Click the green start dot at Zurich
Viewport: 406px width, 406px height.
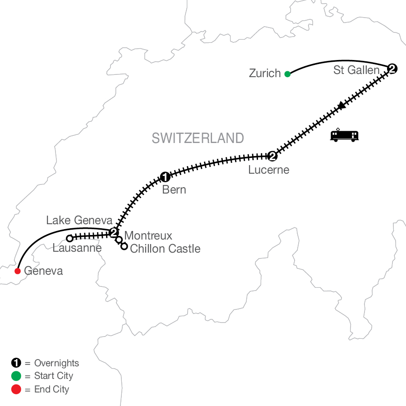[287, 74]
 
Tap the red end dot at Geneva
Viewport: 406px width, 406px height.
[18, 271]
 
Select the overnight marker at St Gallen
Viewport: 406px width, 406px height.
[392, 69]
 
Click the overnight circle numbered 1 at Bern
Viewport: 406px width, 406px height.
[165, 176]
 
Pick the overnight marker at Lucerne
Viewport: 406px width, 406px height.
[272, 156]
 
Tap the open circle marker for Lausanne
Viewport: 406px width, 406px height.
[69, 238]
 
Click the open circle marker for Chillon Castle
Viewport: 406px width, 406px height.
[124, 246]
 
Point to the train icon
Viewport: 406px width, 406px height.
[345, 135]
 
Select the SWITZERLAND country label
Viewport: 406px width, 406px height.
[198, 138]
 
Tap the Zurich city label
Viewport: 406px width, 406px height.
[265, 74]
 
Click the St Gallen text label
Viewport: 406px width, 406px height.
[356, 70]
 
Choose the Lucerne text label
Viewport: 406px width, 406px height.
[268, 170]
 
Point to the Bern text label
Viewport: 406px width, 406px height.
[174, 190]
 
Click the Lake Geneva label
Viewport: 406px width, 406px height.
[78, 221]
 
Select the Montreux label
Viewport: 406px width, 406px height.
[148, 235]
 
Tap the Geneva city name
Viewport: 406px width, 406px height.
[43, 271]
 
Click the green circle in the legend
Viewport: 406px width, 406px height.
[16, 376]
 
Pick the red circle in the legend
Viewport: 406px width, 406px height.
[16, 389]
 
